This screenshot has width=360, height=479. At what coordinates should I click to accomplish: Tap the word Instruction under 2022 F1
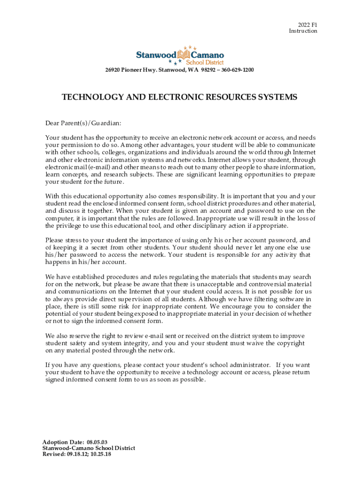(x=303, y=31)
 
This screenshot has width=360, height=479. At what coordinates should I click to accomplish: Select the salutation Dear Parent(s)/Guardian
(x=83, y=123)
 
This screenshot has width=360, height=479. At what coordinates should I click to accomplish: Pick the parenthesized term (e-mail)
(x=98, y=167)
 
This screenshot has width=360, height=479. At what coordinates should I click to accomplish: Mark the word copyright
(x=290, y=343)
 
